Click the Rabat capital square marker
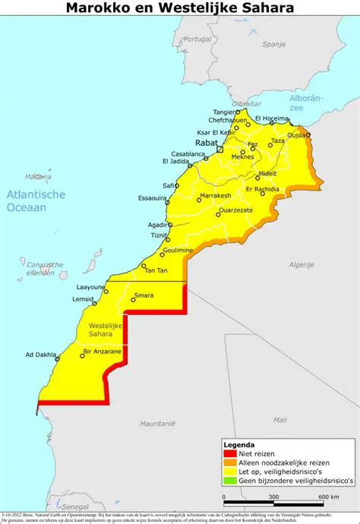point(219,150)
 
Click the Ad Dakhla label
point(41,355)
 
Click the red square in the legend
point(227,453)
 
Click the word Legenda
point(238,444)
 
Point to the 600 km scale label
point(329,497)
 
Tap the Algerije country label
point(302,264)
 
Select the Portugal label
point(197,39)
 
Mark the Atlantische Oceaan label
point(36,200)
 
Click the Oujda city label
point(297,134)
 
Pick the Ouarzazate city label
point(235,210)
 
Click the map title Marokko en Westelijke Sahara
point(179,8)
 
